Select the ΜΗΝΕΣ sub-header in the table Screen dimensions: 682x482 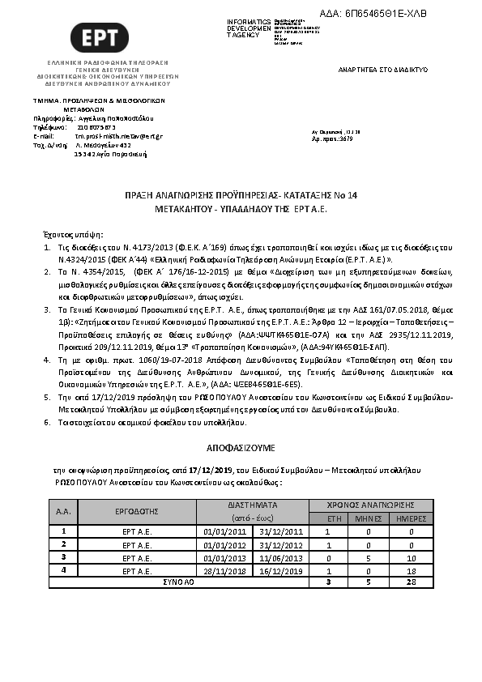[x=369, y=518]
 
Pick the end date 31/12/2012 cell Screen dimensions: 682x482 [x=280, y=545]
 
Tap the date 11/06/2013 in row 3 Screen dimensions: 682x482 [x=280, y=558]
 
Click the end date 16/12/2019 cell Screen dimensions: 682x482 [x=280, y=571]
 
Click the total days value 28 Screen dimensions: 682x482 [x=412, y=582]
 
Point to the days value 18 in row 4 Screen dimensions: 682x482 [x=412, y=571]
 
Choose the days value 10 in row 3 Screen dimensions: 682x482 [x=412, y=558]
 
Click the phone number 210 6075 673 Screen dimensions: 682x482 [x=96, y=127]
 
